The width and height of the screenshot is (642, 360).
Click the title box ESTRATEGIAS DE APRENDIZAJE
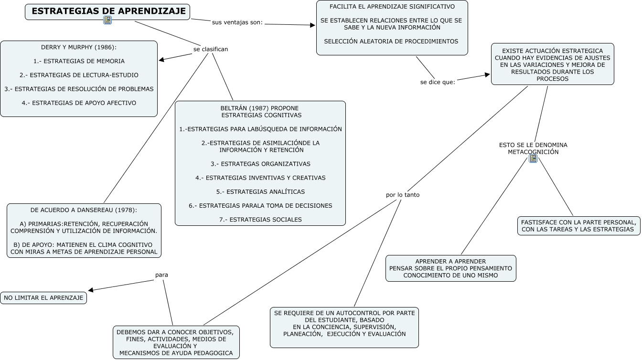(x=108, y=11)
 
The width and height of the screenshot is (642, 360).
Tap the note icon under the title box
(x=107, y=20)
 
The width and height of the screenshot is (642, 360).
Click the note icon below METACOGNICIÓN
(x=533, y=159)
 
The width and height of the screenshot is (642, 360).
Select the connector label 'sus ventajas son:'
(x=237, y=22)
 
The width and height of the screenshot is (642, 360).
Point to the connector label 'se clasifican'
(x=211, y=49)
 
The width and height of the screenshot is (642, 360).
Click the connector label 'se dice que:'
(x=438, y=82)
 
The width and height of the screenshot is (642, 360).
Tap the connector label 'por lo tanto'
(x=403, y=195)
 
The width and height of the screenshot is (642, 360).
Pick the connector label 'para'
(x=161, y=275)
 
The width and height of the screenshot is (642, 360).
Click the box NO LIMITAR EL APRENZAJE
(x=43, y=298)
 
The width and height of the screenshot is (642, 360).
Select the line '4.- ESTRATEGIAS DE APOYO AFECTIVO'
(x=79, y=103)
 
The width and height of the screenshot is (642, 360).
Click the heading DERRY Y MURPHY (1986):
(x=79, y=47)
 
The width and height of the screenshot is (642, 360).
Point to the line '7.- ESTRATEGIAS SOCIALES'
(x=260, y=220)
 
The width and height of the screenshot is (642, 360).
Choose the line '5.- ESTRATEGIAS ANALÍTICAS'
(x=260, y=191)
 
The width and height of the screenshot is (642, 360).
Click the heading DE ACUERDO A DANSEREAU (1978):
(x=84, y=210)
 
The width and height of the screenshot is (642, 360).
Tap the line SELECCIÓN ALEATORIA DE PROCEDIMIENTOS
(x=391, y=41)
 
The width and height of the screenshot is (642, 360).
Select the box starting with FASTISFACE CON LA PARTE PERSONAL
(x=578, y=226)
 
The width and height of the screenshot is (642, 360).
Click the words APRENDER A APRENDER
(x=450, y=261)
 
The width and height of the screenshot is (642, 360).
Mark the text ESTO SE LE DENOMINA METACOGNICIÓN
(x=533, y=148)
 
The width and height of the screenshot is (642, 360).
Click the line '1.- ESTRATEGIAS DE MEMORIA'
(x=79, y=61)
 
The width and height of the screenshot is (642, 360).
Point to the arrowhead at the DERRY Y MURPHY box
(x=161, y=60)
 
